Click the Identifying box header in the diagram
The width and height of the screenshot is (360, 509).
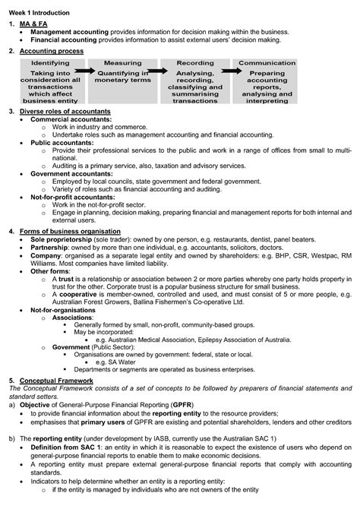(50, 63)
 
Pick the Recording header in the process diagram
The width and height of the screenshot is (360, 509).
(195, 63)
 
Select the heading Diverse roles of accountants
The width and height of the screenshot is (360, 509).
(65, 111)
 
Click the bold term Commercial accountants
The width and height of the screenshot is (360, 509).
(69, 119)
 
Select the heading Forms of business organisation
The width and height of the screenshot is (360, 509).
(70, 230)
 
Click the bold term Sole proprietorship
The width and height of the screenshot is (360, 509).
(62, 239)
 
